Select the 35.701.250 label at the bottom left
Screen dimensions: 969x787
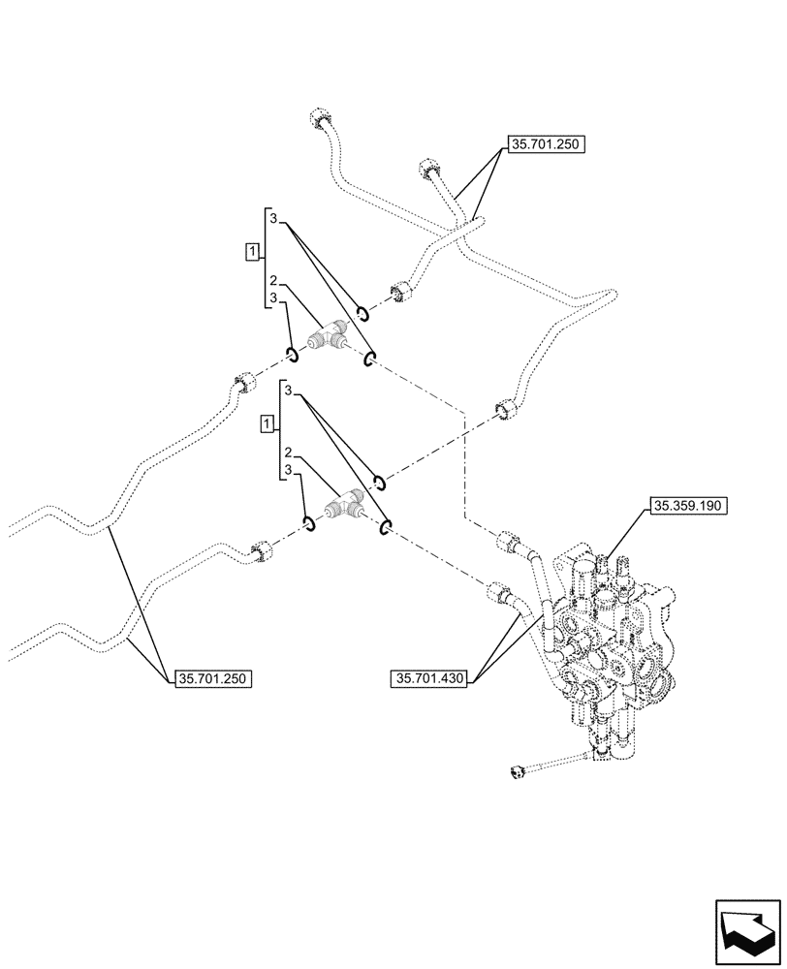(x=214, y=679)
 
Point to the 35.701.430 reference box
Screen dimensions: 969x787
(x=431, y=679)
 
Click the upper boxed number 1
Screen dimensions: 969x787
(x=252, y=253)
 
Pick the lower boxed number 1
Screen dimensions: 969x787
(x=267, y=423)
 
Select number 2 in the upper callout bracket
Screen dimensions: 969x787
(x=275, y=280)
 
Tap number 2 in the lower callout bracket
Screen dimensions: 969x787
(x=289, y=453)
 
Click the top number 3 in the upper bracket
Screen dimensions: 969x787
(x=275, y=220)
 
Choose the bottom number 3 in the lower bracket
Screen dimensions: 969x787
(x=289, y=471)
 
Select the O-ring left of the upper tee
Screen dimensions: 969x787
(x=291, y=351)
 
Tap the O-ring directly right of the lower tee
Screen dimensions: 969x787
(x=386, y=526)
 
